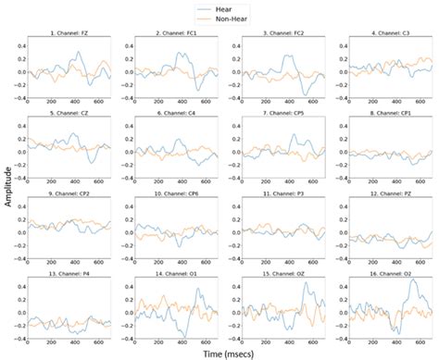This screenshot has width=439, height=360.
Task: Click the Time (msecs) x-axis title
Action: (x=232, y=353)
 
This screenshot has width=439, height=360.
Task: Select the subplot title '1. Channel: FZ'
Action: (x=70, y=34)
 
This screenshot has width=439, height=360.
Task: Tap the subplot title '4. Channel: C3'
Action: (x=388, y=34)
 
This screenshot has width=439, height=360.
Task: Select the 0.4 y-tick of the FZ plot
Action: (x=19, y=42)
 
